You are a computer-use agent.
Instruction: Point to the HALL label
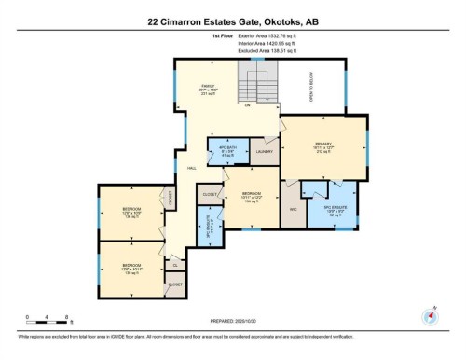coord(190,169)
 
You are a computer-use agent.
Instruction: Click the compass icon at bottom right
coord(430,314)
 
